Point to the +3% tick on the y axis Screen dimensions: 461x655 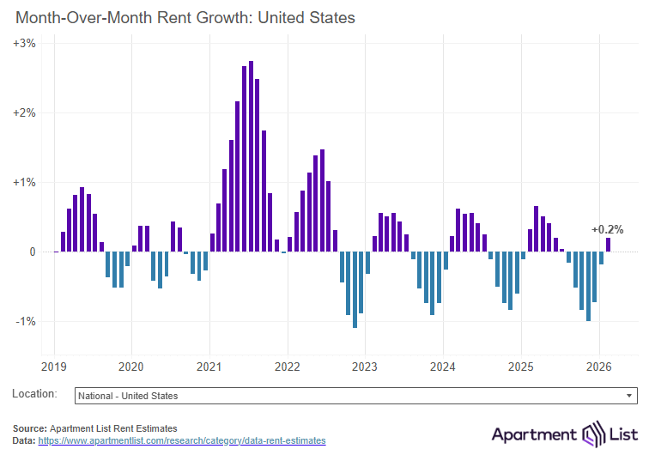(x=24, y=43)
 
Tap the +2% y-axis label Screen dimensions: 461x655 (x=24, y=112)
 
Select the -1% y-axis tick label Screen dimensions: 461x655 (x=25, y=321)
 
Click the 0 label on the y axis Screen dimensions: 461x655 (x=31, y=252)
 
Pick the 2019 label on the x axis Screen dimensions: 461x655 (x=54, y=367)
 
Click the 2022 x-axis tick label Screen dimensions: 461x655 (x=287, y=367)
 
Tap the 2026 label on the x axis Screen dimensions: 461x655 (x=598, y=367)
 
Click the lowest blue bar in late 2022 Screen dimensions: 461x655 (x=355, y=289)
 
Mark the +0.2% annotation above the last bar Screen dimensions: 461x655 (x=607, y=229)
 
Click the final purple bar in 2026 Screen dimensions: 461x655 (x=608, y=245)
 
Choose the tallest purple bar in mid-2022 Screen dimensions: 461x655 (x=322, y=201)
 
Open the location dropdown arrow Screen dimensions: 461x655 (x=630, y=396)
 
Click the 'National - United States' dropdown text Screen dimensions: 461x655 (x=128, y=396)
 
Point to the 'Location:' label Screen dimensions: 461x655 (x=34, y=394)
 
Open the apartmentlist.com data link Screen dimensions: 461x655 (x=182, y=440)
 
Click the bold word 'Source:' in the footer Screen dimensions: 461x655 (x=30, y=428)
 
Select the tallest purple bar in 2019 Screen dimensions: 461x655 (x=82, y=220)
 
